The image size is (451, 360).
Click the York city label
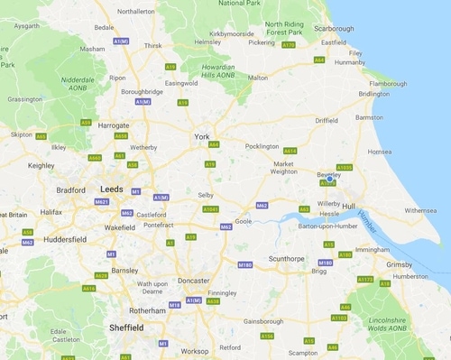coord(202,136)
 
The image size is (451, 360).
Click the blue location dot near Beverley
coord(330,179)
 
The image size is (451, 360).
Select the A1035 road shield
coord(345,167)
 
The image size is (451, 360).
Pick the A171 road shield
coord(288,44)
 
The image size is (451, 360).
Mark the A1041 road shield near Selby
coord(210,208)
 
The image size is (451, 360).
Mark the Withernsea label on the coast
coord(421,210)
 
